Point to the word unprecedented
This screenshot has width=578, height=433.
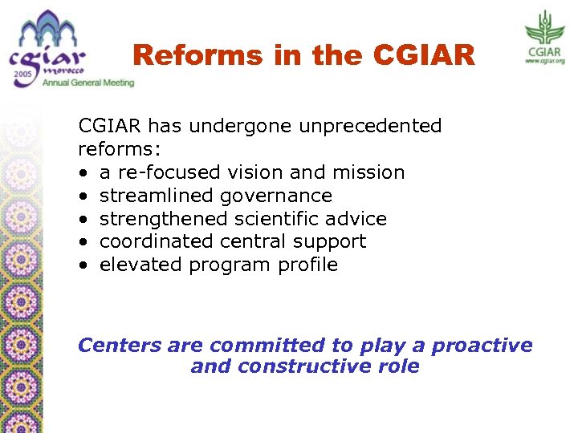tap(370, 126)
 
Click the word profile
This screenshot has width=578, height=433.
tap(307, 265)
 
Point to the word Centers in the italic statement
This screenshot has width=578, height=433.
tap(120, 346)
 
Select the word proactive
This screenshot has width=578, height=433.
tap(482, 346)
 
